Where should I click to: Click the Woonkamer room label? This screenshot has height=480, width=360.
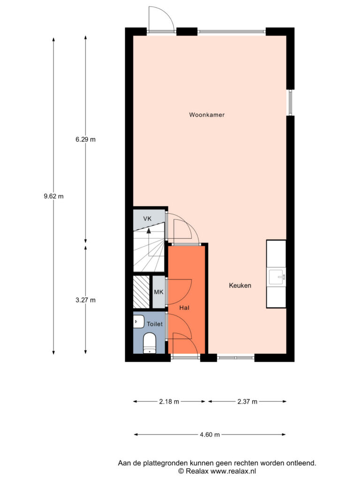pos(207,115)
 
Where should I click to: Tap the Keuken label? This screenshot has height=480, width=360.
pos(240,285)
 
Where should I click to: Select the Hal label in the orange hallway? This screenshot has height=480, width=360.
pos(184,308)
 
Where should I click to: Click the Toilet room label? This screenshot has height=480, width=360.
pos(155,324)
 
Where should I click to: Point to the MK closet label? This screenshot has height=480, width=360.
pos(158,292)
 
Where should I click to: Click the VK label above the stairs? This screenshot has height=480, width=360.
pos(147,219)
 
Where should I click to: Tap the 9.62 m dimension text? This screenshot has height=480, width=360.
pos(53,196)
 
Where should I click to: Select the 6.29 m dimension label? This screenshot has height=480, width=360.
pos(85,139)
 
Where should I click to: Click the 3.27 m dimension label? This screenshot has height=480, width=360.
pos(85,300)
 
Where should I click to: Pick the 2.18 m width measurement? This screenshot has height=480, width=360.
pos(169,402)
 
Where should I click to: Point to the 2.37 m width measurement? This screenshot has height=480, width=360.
pos(247,402)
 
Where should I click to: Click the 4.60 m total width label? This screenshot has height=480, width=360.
pos(210,435)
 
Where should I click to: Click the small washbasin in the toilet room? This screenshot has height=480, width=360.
pos(139,321)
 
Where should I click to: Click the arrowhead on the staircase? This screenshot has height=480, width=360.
pos(149,231)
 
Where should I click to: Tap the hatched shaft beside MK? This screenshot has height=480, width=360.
pos(142,292)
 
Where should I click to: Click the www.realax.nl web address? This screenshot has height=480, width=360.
pos(233,471)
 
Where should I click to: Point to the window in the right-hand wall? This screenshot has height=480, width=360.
pos(290,103)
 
